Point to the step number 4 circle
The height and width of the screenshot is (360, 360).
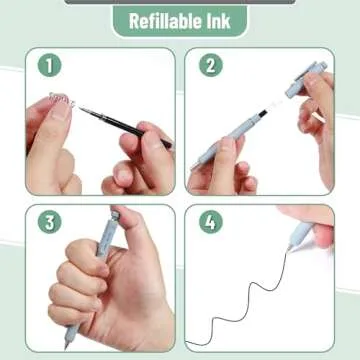click(210, 222)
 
